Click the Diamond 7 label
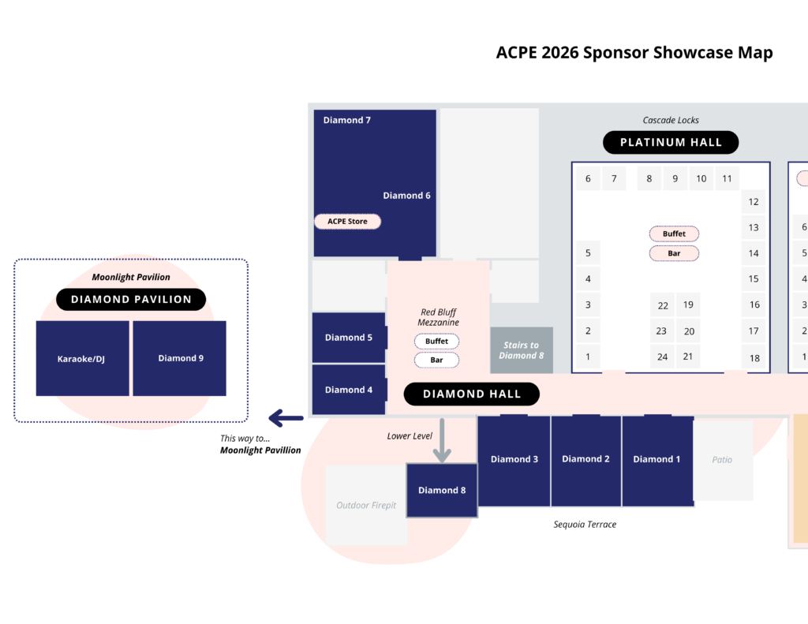pos(347,121)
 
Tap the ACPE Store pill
pos(348,222)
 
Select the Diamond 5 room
pos(349,338)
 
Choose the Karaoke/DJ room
pos(82,358)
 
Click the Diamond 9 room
pos(180,358)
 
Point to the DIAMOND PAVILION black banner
pos(131,300)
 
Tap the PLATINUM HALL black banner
pos(671,143)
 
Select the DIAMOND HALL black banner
pos(472,394)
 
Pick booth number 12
pos(754,202)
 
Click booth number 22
pos(663,306)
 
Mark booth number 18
pos(754,358)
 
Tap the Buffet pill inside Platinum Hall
pos(674,234)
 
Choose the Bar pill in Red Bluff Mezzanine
pos(436,360)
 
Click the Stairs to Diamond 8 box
pos(522,350)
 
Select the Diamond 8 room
pos(442,490)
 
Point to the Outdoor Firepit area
pos(366,506)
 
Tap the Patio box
pos(722,460)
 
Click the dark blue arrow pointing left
pos(286,417)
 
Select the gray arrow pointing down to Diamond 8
pos(442,441)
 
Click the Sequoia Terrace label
pos(585,525)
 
